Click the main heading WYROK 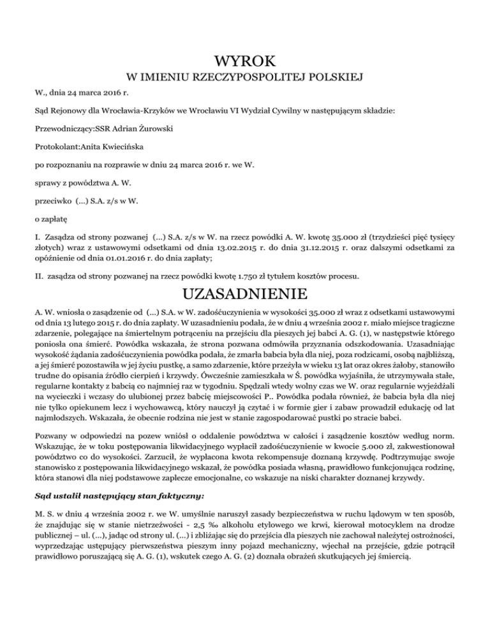245,61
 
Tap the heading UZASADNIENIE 245,296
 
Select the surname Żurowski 154,128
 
